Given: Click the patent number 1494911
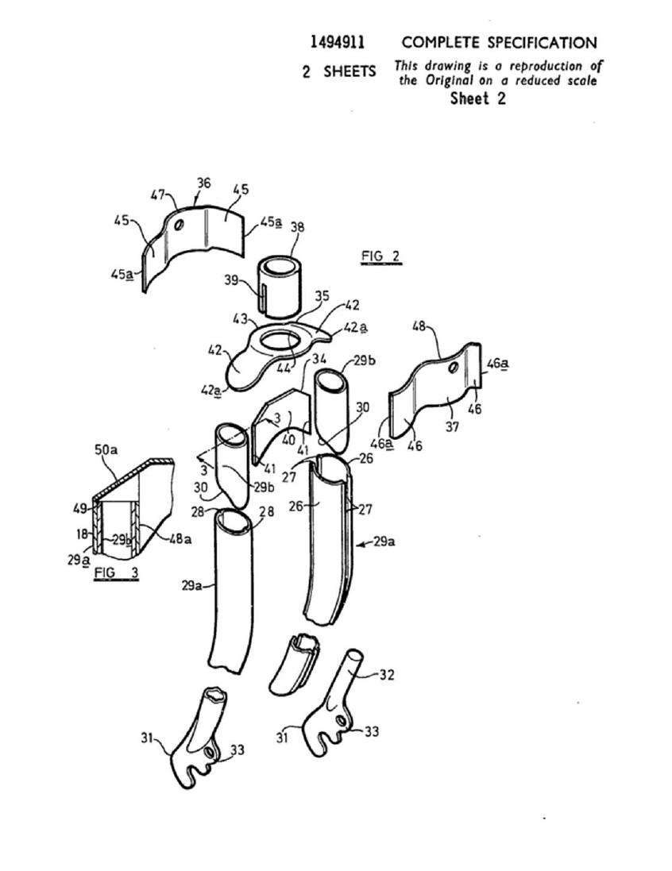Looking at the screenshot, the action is coord(338,42).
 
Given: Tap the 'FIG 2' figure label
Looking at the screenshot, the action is coord(380,256).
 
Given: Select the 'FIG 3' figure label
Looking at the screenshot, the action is coord(116,572).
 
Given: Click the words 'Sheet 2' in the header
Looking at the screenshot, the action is coord(478,98).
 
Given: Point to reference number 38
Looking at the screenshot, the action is coord(297,227).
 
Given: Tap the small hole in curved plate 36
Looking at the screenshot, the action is coord(179,226).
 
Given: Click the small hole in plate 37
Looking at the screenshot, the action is coord(454,367).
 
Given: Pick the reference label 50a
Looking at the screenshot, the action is coord(106,449).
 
